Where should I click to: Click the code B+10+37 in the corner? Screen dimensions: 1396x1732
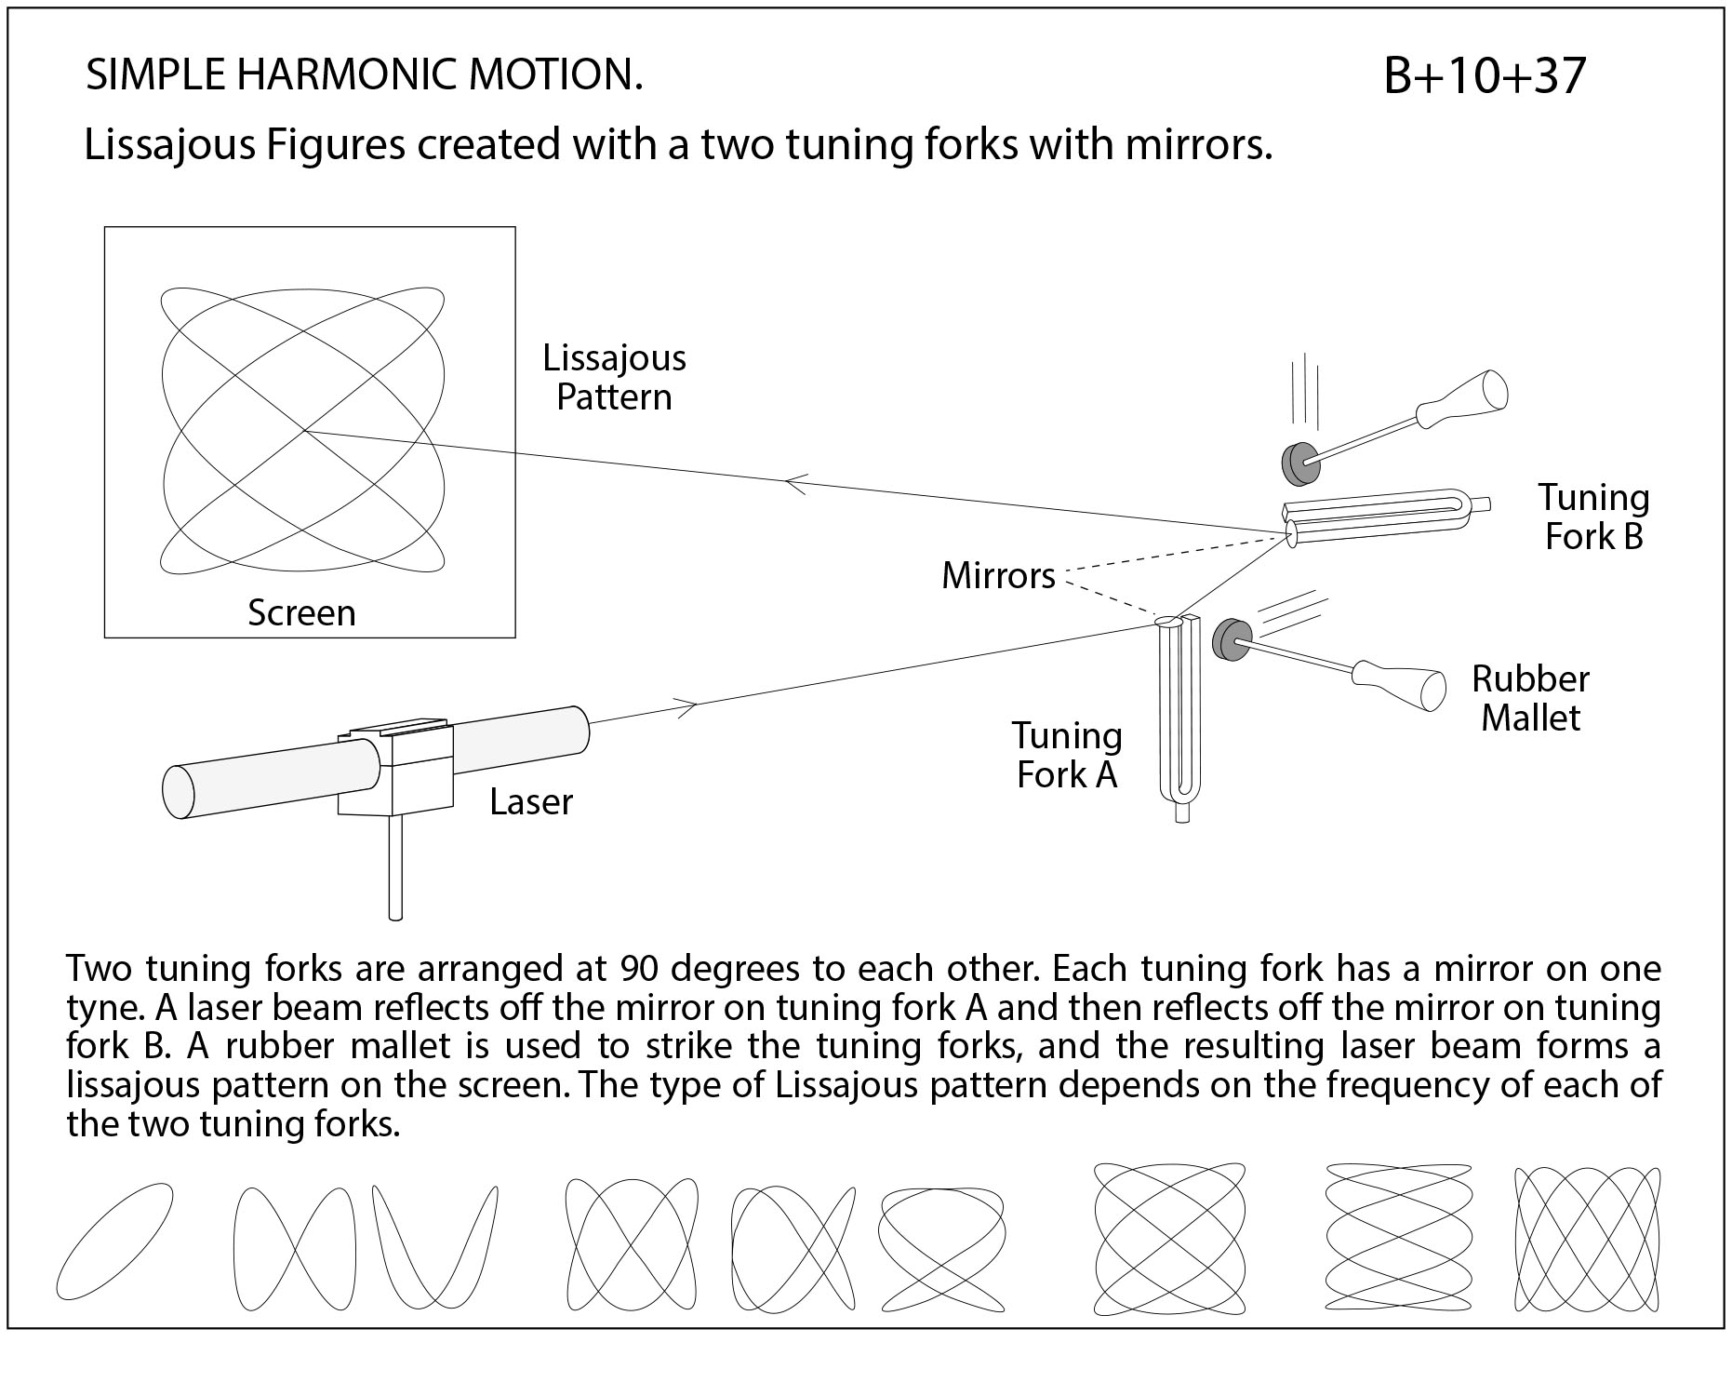click(1484, 76)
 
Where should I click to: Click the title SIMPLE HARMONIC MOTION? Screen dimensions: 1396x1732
click(364, 75)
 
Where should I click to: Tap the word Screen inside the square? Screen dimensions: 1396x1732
click(301, 613)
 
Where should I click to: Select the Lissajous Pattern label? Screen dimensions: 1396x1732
click(614, 378)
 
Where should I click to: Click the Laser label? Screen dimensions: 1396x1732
click(531, 802)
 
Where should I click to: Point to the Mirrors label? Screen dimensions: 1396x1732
click(998, 576)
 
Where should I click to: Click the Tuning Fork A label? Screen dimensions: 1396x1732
click(1067, 756)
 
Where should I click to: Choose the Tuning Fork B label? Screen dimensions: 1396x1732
click(1592, 517)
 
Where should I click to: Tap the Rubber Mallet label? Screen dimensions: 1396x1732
click(1530, 699)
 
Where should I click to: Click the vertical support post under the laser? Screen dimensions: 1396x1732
click(394, 866)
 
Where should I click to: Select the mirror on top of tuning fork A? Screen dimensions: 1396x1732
click(1167, 621)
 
